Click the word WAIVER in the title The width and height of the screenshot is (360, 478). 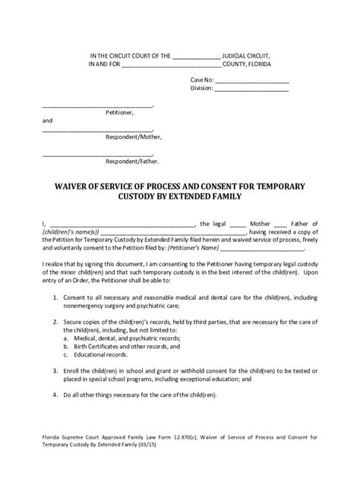pos(72,184)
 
